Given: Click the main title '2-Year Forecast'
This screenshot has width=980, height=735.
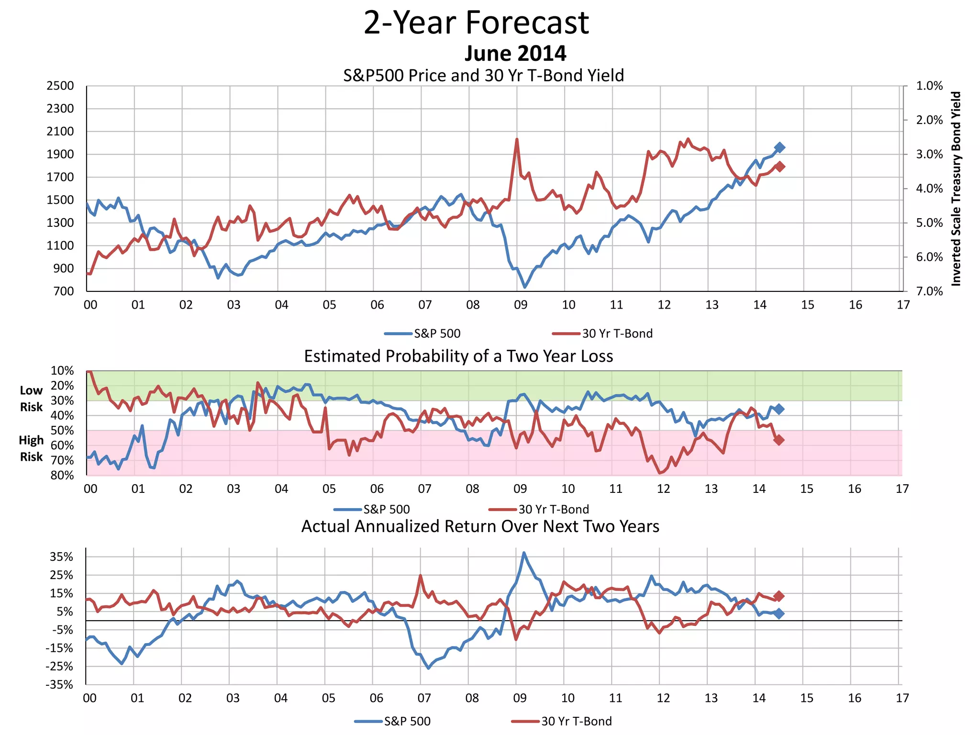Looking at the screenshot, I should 476,22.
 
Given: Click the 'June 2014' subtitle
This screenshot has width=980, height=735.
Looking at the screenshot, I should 515,53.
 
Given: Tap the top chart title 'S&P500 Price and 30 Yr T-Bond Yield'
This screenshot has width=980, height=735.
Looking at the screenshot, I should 483,76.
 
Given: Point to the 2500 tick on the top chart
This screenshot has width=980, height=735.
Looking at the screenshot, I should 60,86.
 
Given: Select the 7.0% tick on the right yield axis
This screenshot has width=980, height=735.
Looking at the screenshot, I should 929,291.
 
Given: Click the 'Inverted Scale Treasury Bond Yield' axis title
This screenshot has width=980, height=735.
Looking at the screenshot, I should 956,189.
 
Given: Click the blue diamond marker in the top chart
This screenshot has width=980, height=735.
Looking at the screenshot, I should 780,147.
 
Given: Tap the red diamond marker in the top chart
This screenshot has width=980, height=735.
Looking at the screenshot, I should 780,167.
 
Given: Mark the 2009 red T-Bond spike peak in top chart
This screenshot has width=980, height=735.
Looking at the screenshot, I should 517,139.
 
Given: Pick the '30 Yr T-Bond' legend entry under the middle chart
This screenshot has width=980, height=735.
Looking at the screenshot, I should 553,509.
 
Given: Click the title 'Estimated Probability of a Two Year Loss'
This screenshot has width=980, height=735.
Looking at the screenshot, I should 458,356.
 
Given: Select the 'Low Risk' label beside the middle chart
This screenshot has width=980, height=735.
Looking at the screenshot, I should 31,399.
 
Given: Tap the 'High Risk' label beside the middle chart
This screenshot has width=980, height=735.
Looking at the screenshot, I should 31,448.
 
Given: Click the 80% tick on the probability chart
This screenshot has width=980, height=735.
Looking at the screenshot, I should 62,475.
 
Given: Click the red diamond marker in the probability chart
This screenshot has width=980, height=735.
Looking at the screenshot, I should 779,440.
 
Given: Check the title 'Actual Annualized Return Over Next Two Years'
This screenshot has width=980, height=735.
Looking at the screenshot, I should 480,526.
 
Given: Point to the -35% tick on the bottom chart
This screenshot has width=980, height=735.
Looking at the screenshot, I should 59,685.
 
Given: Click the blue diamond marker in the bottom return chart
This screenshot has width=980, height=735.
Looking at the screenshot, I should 779,613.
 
